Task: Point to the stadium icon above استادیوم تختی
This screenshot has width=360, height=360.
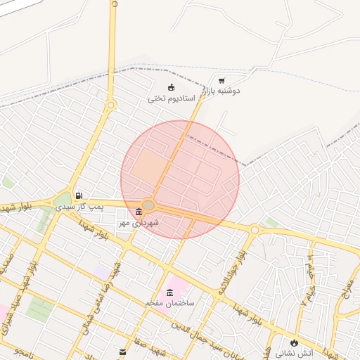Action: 171,87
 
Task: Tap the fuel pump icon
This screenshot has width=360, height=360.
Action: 79,195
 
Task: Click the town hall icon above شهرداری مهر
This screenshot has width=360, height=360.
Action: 138,212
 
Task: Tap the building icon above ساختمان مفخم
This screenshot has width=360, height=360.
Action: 169,292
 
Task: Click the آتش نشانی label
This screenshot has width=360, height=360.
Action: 294,352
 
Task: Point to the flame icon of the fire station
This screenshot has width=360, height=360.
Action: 294,342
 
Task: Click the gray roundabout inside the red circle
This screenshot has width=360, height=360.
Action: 148,205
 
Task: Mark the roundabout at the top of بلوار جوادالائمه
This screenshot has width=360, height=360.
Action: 255,229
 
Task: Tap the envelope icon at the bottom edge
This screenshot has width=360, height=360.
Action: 123,351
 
